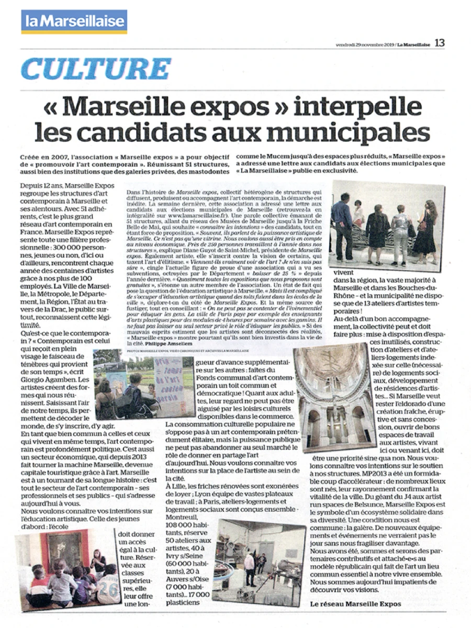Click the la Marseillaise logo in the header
(x=74, y=21)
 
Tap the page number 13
(x=439, y=43)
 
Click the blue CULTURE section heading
(x=96, y=69)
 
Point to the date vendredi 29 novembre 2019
(x=364, y=44)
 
